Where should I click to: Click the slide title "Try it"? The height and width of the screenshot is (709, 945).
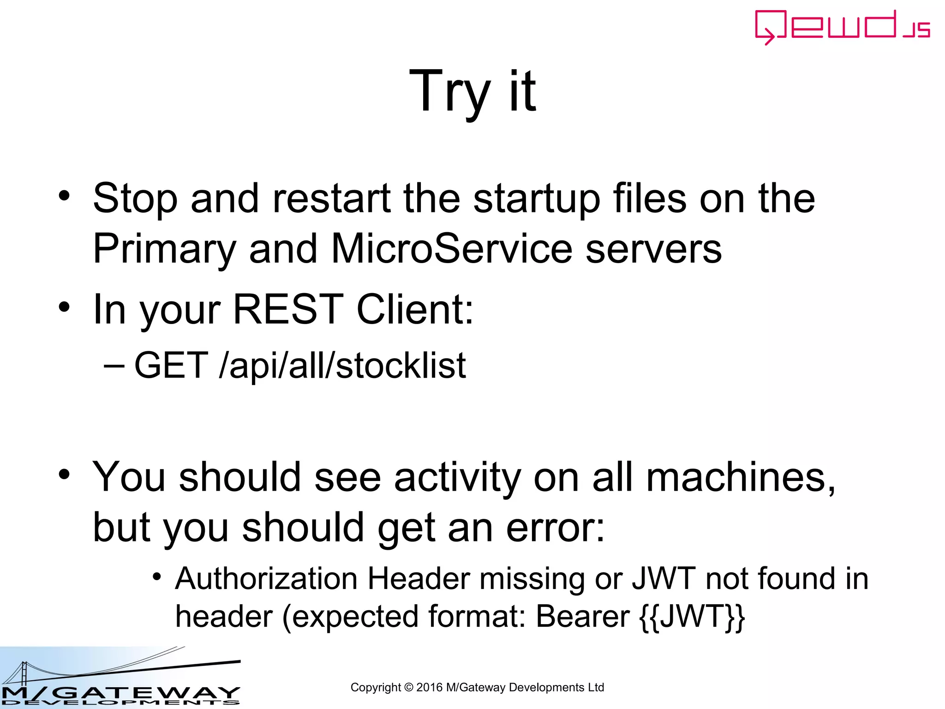coord(472,91)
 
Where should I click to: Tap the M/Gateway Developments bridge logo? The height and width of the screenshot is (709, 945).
coord(120,678)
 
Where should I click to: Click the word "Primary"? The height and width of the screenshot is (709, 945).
coord(164,249)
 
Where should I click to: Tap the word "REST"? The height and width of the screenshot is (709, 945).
coord(288,309)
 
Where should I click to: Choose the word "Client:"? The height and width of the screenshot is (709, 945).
coord(415,309)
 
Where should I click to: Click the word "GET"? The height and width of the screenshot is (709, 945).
coord(171,366)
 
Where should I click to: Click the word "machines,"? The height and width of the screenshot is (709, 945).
coord(741,477)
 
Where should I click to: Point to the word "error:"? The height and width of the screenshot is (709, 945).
coord(555,528)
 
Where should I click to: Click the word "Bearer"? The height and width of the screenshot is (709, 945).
coord(583,617)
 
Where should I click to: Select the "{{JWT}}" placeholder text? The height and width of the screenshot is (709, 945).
coord(692,617)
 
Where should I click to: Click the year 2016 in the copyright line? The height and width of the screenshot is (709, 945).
coord(429,687)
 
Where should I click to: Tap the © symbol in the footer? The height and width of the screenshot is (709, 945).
coord(408,687)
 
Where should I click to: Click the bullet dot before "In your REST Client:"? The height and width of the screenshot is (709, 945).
coord(64,306)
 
